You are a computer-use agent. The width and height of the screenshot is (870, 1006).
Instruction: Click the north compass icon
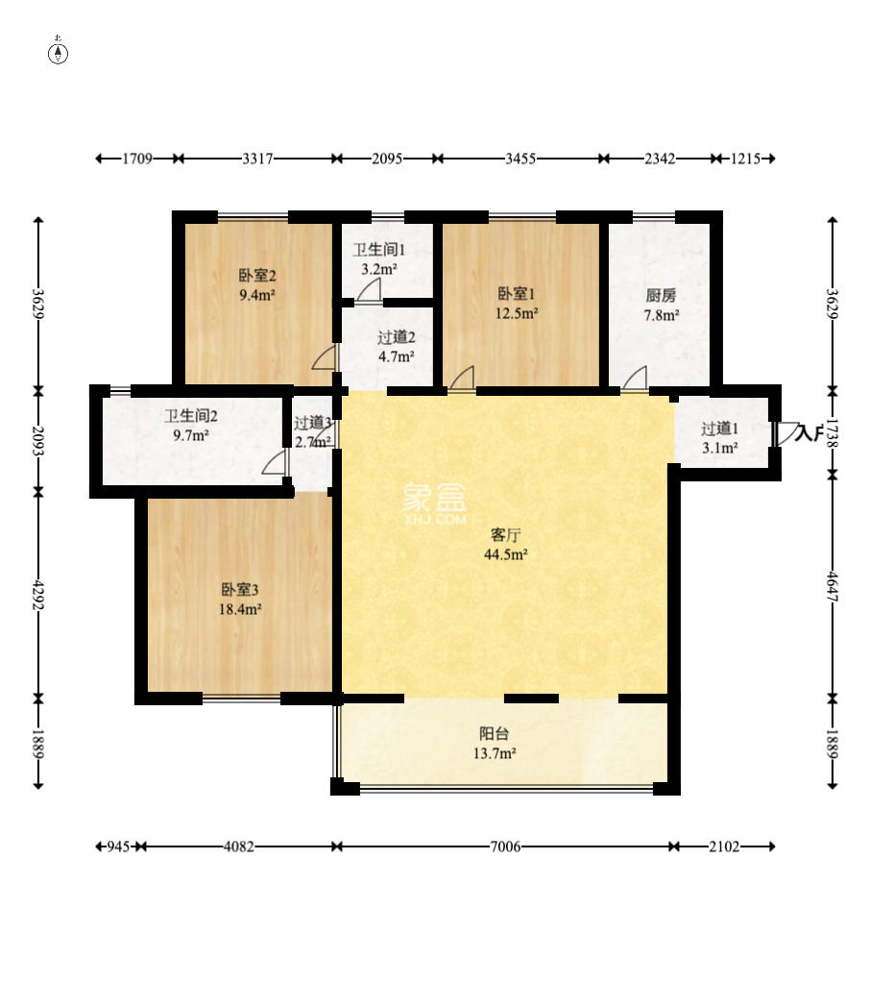coord(59,53)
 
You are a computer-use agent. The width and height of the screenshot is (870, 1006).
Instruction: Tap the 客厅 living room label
coord(505,534)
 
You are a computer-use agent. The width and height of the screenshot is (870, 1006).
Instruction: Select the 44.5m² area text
coord(505,554)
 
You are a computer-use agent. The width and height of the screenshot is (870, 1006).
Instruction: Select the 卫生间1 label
coord(379,251)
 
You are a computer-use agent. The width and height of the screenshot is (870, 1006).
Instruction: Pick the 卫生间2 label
coord(190,416)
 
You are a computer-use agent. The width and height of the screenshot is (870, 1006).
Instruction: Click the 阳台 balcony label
coord(495,733)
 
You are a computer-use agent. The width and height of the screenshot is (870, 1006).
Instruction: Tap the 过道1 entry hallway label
coord(719,429)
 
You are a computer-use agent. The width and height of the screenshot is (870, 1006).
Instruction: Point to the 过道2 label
coord(396,337)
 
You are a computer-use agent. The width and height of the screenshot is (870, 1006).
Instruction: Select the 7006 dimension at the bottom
coord(505,847)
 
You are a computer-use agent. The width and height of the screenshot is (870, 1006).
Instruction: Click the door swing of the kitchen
coord(635,379)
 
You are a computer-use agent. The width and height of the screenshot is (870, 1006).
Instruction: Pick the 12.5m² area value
coord(517,312)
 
